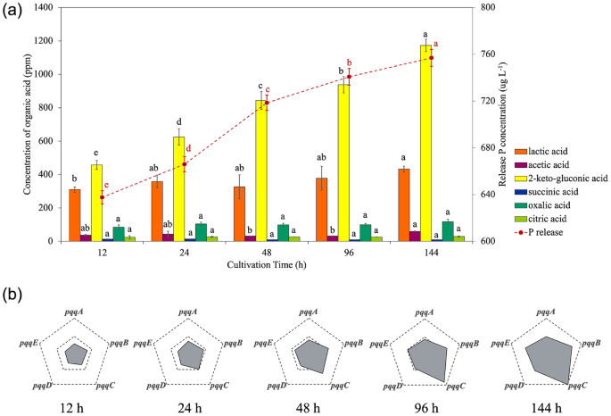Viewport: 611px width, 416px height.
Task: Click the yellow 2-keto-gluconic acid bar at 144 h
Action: point(426,143)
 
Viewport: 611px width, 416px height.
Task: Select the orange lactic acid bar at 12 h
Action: point(75,215)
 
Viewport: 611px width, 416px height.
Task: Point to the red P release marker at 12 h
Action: point(103,197)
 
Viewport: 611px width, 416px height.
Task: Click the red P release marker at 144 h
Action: point(431,58)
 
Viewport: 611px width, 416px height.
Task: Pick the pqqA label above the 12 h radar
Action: point(75,312)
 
